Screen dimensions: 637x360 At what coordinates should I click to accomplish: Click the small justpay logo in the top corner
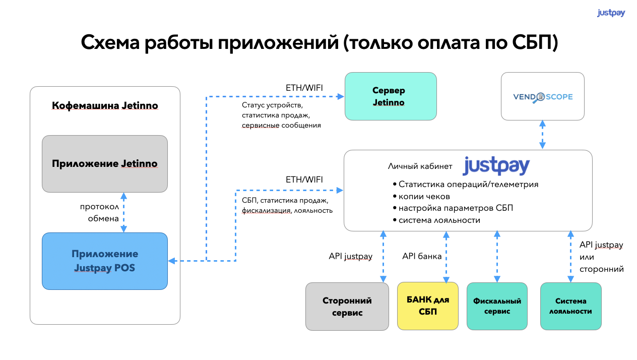(x=611, y=13)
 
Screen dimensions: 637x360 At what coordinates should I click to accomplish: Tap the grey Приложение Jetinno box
(x=105, y=164)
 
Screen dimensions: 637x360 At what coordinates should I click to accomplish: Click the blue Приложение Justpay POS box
(x=105, y=261)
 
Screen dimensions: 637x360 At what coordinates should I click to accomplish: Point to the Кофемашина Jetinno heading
(x=105, y=105)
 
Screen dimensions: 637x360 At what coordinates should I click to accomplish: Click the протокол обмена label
(x=99, y=213)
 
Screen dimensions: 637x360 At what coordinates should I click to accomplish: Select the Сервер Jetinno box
(x=391, y=96)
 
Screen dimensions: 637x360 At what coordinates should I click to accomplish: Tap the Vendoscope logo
(x=543, y=97)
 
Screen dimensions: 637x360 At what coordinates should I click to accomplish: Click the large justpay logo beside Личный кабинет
(x=496, y=165)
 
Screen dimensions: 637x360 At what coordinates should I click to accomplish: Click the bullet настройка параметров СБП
(x=456, y=208)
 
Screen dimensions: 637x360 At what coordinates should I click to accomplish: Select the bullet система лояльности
(x=439, y=220)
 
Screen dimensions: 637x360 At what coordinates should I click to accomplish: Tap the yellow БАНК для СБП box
(x=428, y=306)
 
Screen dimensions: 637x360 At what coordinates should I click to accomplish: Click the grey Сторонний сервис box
(x=347, y=306)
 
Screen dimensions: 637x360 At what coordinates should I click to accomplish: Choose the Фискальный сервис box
(x=497, y=306)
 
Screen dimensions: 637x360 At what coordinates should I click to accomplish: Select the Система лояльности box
(x=571, y=306)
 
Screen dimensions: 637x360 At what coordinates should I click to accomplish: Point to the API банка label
(x=422, y=256)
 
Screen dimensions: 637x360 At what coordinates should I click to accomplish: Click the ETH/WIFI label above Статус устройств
(x=304, y=88)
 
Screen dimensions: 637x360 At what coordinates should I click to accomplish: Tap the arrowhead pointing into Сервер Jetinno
(x=340, y=96)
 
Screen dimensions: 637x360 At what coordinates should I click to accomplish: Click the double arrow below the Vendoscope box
(x=542, y=135)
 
